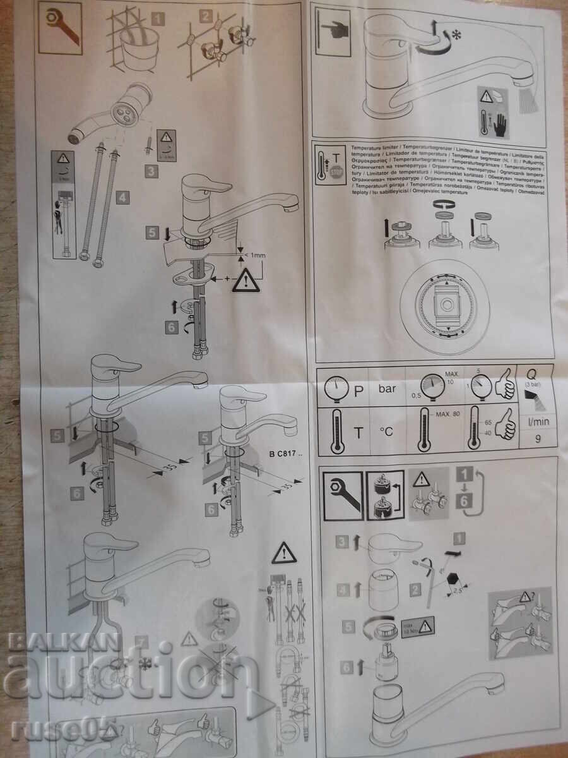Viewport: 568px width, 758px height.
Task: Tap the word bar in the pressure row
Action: point(388,388)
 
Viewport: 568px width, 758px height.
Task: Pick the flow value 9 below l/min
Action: point(537,440)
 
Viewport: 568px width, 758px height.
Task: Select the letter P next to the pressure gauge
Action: point(358,390)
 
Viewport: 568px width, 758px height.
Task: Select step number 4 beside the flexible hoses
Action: point(122,197)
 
